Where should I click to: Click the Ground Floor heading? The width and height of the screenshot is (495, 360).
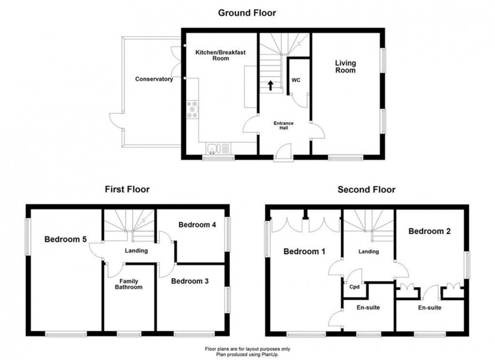(x=247, y=12)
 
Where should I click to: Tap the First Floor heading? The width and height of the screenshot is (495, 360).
(x=127, y=189)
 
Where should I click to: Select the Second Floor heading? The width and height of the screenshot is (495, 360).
(x=366, y=189)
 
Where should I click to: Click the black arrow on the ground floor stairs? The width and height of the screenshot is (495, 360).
(x=270, y=86)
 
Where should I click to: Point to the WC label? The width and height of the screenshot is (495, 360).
(x=295, y=80)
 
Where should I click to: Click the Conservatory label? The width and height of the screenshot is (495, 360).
(x=154, y=79)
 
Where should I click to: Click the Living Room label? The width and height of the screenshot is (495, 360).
(x=345, y=67)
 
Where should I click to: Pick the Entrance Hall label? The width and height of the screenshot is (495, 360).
(x=284, y=126)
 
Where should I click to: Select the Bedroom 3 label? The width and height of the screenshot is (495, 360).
(x=189, y=281)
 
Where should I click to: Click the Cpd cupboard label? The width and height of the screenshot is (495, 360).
(x=354, y=286)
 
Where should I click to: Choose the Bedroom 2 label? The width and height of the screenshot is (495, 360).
(x=430, y=231)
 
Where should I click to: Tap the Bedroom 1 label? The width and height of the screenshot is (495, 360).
(x=304, y=251)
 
